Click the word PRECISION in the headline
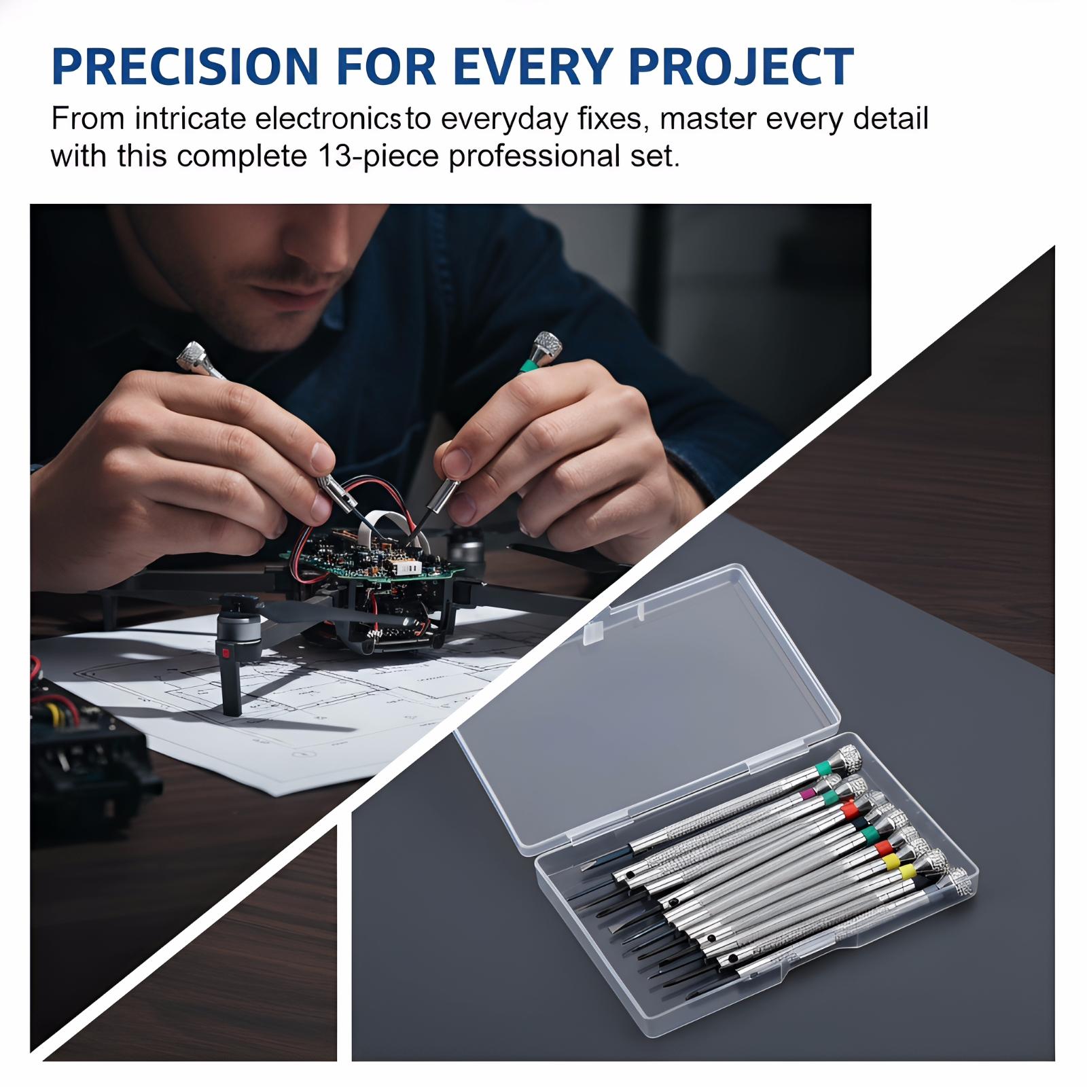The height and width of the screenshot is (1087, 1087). (x=185, y=66)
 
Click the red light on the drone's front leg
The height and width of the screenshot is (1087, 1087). (x=224, y=654)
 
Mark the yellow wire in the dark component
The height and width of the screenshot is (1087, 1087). (x=49, y=713)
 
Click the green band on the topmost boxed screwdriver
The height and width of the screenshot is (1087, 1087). (x=823, y=768)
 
